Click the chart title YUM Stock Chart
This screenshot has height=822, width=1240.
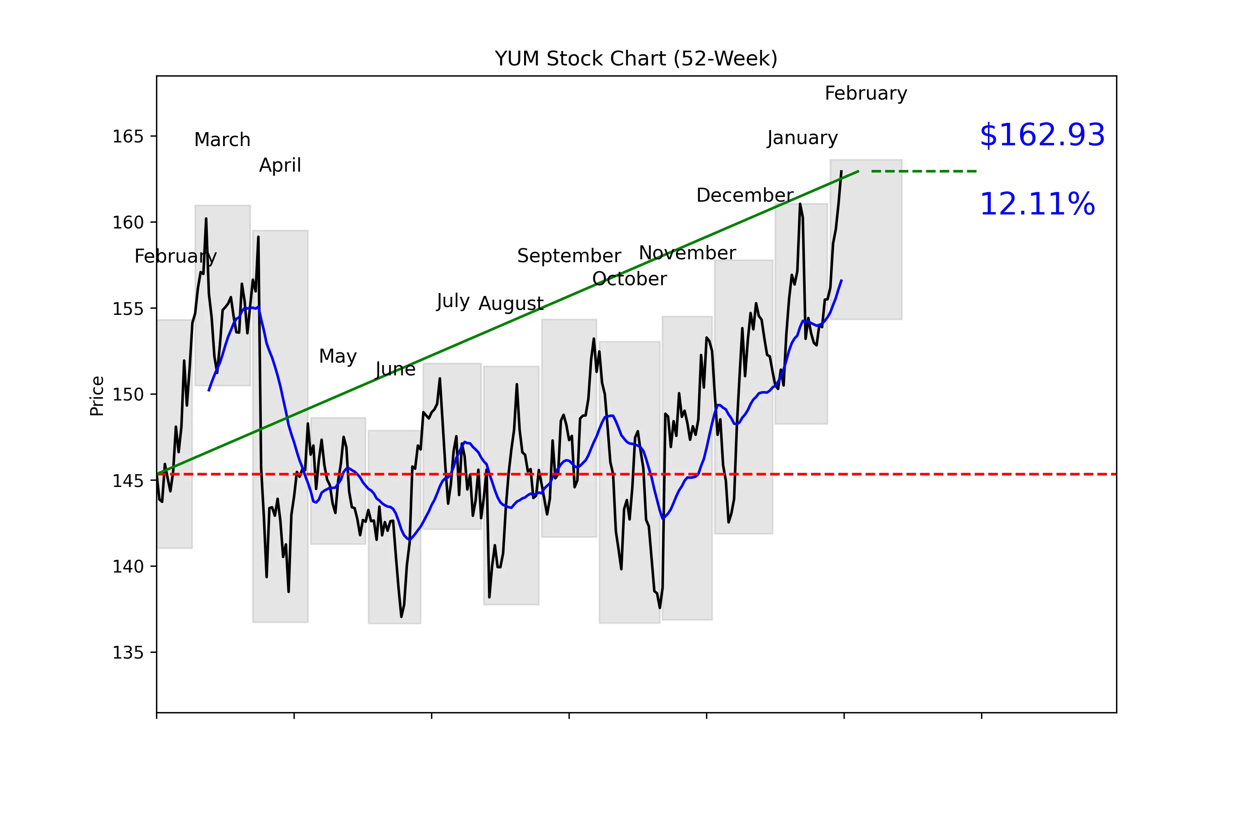636,59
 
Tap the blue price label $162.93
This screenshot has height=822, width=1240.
1042,135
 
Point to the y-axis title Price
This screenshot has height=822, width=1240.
97,396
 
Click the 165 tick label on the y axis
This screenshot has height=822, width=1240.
128,137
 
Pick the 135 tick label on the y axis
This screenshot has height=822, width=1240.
128,653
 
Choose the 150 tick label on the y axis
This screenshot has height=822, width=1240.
128,395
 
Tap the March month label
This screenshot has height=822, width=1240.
222,140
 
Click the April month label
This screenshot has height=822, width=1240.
280,165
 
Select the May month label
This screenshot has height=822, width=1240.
338,356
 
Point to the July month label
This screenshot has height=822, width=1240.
452,301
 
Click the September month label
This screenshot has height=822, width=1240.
569,256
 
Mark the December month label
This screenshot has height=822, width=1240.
744,196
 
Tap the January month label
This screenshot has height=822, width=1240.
802,138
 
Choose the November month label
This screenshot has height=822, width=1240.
687,253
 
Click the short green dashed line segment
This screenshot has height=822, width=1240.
923,171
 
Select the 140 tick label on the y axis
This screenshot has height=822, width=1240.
128,567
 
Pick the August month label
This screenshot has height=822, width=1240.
510,303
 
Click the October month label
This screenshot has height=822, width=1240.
629,279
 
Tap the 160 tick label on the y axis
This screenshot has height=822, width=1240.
128,223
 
